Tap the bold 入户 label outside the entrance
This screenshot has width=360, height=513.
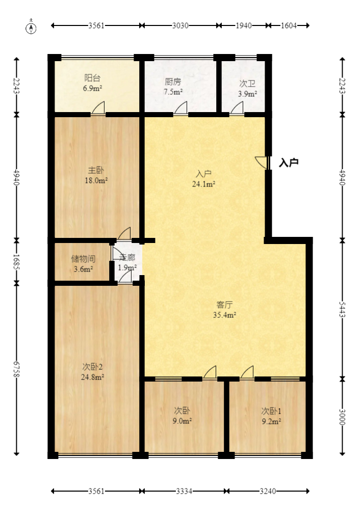289,163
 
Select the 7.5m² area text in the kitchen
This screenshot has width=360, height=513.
173,92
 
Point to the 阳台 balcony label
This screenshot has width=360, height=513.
92,78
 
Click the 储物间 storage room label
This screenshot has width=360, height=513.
82,258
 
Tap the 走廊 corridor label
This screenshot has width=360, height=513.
127,258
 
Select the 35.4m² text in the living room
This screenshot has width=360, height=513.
225,315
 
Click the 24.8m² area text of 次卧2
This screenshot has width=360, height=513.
93,377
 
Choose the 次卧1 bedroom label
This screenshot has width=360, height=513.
271,411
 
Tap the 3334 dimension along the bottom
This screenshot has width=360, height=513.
184,491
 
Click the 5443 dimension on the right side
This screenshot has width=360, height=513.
342,309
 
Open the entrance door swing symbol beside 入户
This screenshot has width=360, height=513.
262,163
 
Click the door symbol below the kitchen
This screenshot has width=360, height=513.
181,109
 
